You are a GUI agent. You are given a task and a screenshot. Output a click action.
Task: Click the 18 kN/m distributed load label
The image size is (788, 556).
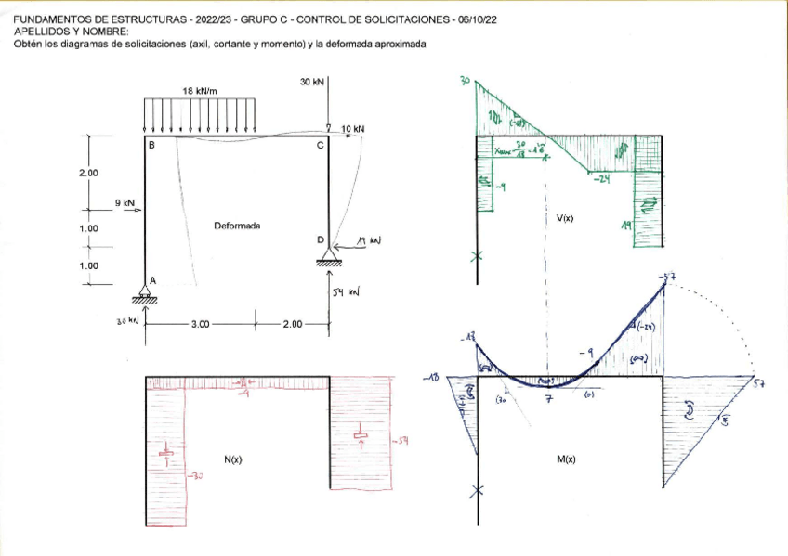click(200, 91)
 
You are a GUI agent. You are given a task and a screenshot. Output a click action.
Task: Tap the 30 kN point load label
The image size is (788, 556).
click(312, 83)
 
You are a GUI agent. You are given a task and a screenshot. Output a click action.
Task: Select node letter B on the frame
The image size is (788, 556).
click(151, 146)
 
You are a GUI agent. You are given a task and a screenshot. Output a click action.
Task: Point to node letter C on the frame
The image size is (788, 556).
click(320, 146)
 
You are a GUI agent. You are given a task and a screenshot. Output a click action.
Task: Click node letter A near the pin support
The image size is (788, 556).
click(153, 279)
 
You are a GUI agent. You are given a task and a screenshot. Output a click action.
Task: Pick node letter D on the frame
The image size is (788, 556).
click(321, 240)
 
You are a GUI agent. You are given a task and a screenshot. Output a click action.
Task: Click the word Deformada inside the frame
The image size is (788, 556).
click(237, 226)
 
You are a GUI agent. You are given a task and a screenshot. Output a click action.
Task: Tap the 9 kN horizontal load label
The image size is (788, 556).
click(125, 201)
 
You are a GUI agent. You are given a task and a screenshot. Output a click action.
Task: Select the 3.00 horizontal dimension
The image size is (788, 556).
click(200, 324)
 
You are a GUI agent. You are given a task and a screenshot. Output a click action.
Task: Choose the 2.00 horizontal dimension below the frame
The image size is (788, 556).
click(295, 324)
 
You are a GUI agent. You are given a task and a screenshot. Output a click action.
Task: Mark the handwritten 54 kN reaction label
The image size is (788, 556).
click(347, 292)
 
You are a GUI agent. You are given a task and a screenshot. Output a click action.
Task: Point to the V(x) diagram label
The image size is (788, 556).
click(565, 219)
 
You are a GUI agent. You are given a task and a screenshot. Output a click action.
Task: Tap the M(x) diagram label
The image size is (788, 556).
click(565, 459)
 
